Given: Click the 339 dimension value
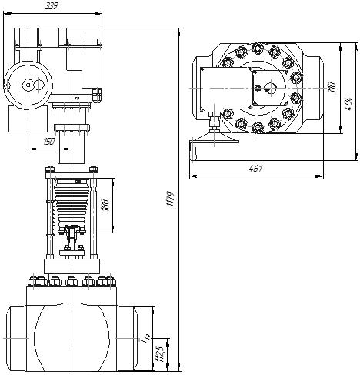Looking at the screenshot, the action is coord(52,6).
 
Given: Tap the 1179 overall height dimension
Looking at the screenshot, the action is coord(170,199).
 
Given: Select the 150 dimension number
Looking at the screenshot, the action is coord(49,142).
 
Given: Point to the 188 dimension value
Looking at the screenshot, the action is coord(105,205).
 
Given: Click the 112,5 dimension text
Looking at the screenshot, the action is coord(161,354).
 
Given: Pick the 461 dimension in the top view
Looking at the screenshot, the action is coord(255,169).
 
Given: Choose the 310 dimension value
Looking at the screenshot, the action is coord(332,88).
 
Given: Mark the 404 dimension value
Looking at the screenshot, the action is coord(348,104).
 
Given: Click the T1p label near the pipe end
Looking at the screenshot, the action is coord(144,340).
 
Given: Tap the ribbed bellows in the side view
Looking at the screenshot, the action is coord(72,204).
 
